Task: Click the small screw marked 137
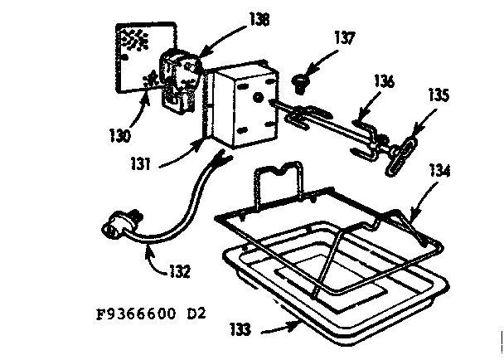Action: (299, 80)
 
